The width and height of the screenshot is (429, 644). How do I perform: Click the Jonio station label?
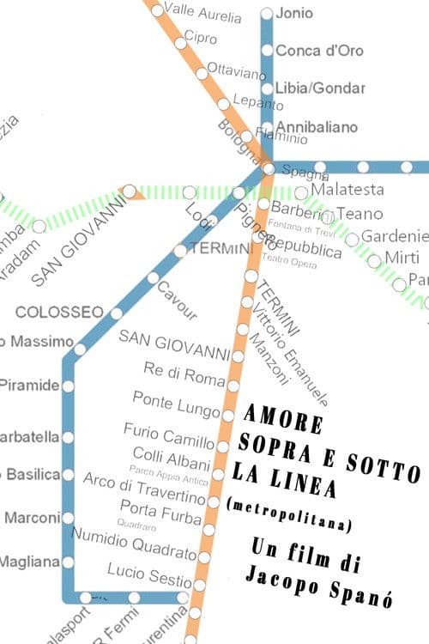295,13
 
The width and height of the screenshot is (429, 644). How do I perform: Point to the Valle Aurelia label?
202,11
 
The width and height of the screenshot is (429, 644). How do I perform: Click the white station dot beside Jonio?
267,13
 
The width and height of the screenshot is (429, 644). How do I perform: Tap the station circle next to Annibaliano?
267,127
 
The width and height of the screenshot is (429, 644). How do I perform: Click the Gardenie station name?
394,236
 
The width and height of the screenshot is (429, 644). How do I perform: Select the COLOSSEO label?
59,311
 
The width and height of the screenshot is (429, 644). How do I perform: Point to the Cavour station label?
177,300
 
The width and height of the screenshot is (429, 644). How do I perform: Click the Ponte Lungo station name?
177,400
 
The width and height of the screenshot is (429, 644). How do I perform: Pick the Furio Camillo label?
169,436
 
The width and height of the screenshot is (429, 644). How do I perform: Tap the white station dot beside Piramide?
68,386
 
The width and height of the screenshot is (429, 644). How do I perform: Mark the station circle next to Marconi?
68,518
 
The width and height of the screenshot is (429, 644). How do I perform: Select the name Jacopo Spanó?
305,575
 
